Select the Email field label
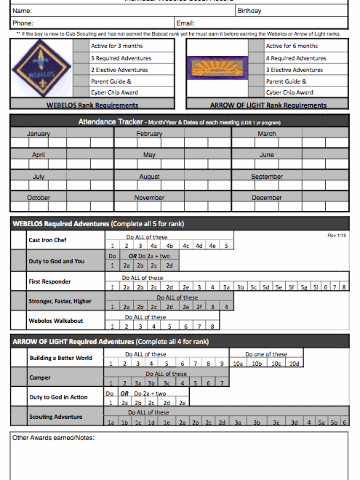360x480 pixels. pyautogui.click(x=186, y=23)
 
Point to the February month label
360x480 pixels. pyautogui.click(x=149, y=134)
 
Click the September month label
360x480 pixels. pyautogui.click(x=267, y=177)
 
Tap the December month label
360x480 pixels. pyautogui.click(x=267, y=198)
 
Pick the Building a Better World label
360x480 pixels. pyautogui.click(x=60, y=358)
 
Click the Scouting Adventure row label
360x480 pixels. pyautogui.click(x=56, y=417)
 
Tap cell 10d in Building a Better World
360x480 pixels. pyautogui.click(x=293, y=363)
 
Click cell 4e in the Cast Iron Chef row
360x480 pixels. pyautogui.click(x=212, y=246)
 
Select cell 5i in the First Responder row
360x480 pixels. pyautogui.click(x=315, y=287)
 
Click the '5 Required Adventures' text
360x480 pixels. pyautogui.click(x=117, y=57)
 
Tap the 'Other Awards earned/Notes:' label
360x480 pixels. pyautogui.click(x=54, y=437)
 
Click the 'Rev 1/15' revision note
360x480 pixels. pyautogui.click(x=337, y=235)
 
